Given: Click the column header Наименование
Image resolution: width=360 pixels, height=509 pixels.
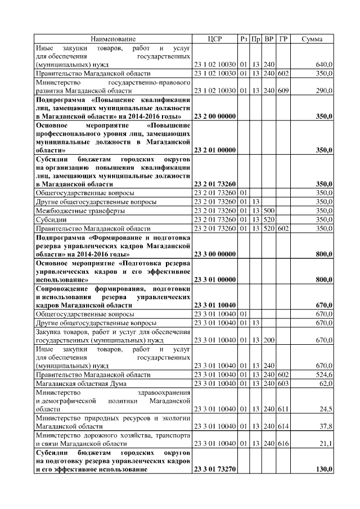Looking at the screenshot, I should [113, 39].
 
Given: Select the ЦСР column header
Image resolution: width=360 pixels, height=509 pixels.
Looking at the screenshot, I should [215, 39].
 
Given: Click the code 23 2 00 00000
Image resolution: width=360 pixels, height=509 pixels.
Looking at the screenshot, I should [214, 116].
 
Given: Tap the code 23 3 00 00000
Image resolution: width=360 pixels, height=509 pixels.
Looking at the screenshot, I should [214, 254].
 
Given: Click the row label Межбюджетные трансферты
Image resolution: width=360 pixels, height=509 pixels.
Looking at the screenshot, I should [73, 211].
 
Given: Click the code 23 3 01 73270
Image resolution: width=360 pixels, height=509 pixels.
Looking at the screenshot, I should [214, 469].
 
